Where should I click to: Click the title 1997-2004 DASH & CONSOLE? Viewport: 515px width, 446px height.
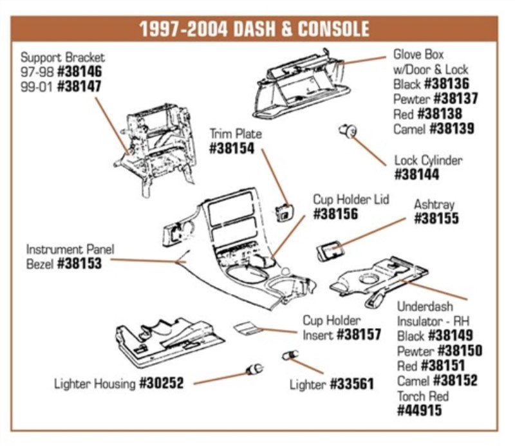click(x=254, y=29)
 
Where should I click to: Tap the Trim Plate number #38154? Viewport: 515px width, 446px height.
click(x=232, y=149)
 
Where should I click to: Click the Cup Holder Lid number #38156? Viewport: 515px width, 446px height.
click(x=335, y=214)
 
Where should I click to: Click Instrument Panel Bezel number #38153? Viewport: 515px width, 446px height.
click(x=79, y=263)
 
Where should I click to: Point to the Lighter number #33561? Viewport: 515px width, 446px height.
click(x=351, y=385)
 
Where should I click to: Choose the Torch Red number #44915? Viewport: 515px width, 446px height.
click(x=420, y=410)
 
